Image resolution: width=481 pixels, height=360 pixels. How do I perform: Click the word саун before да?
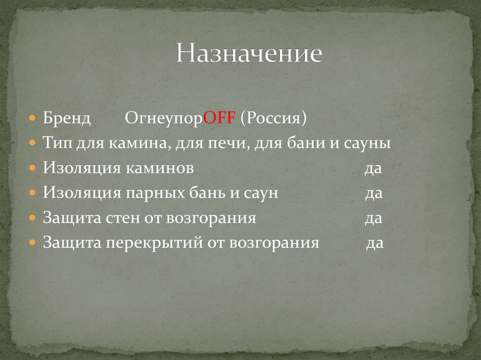click(x=260, y=193)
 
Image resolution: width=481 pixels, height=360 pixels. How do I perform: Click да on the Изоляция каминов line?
click(x=373, y=168)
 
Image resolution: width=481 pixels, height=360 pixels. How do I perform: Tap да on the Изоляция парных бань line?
click(x=374, y=193)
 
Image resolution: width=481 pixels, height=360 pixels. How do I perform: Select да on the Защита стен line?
click(x=373, y=218)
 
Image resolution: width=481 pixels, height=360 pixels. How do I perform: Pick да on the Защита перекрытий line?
click(x=375, y=243)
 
